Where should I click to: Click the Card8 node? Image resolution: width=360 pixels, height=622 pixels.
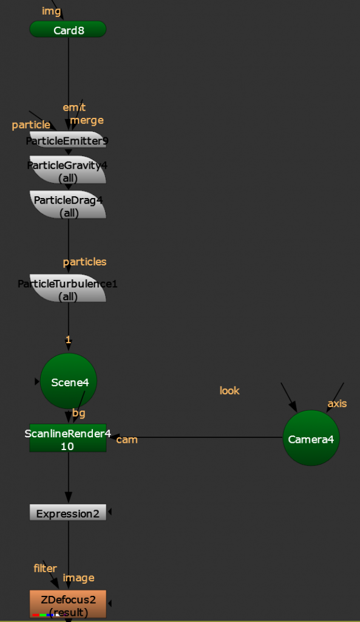(68, 29)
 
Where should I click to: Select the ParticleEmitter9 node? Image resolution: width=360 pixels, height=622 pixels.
(68, 140)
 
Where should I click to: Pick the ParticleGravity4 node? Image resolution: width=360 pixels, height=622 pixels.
(68, 170)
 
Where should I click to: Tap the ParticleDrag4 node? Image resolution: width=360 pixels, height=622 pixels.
(68, 205)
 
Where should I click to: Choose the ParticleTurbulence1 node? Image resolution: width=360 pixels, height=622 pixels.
(68, 288)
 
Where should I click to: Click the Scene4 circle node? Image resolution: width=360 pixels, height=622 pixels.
(69, 381)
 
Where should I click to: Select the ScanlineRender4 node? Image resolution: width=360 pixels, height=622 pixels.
(68, 438)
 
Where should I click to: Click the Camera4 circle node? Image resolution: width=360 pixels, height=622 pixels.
(311, 438)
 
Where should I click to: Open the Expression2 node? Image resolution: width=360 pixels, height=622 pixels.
(68, 513)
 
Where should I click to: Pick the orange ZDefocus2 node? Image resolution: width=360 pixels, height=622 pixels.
(68, 604)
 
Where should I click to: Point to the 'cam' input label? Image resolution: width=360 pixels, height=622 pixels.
(127, 440)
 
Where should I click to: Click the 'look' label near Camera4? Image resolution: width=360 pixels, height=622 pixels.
(229, 391)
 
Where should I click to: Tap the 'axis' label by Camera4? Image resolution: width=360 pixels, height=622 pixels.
(337, 403)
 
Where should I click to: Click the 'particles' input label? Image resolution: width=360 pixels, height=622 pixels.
(85, 262)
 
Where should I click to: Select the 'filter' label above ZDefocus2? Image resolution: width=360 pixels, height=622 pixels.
(45, 569)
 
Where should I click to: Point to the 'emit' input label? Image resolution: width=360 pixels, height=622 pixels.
(74, 107)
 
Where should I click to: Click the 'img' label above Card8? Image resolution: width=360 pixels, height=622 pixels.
(52, 12)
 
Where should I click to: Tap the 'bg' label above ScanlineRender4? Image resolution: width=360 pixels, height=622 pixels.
(79, 413)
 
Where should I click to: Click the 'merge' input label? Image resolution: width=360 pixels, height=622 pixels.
(87, 120)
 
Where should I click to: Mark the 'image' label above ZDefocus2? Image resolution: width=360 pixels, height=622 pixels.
(78, 578)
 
